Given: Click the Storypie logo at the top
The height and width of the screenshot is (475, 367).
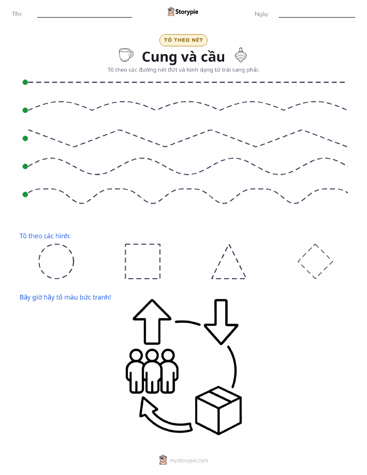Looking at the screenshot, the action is tap(183, 12).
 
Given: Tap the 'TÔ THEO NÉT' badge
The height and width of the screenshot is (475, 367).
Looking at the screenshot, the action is tap(183, 40).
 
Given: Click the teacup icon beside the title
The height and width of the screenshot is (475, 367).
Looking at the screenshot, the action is tap(126, 55).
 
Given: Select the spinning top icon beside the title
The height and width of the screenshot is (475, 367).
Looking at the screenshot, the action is tap(241, 55).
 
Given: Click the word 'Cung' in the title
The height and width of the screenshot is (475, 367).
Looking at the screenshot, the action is tap(159, 57).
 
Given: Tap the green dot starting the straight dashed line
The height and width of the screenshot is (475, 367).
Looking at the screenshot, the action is tap(25, 82).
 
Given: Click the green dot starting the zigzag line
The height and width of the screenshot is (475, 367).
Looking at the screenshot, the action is tap(25, 138).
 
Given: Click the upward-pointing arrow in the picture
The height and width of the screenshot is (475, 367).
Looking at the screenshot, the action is tap(152, 322).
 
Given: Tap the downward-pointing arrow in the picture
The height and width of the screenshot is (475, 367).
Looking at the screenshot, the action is tap(221, 322).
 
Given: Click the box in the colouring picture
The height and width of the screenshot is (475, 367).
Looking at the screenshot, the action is tap(218, 410).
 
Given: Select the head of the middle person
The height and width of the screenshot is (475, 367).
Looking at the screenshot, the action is tap(152, 356).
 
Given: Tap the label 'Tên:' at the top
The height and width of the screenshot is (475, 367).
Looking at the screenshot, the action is tap(17, 14).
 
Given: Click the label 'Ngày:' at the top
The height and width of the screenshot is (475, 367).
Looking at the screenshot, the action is tap(262, 14).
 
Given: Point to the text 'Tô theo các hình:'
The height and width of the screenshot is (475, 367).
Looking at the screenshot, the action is tap(45, 236).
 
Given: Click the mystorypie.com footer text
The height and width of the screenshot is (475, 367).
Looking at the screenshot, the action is tap(188, 460).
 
